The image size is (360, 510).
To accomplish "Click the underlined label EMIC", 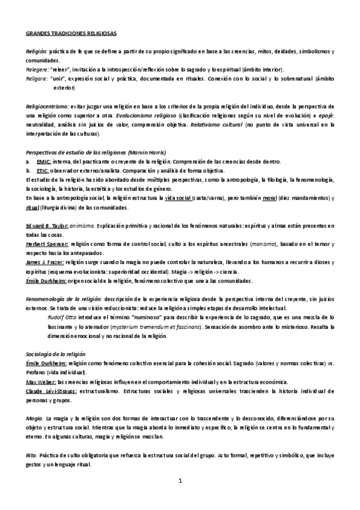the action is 43,162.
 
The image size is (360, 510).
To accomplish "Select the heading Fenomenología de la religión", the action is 64,298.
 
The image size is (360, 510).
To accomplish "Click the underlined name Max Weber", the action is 41,382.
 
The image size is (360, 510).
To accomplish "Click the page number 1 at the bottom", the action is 180,481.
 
